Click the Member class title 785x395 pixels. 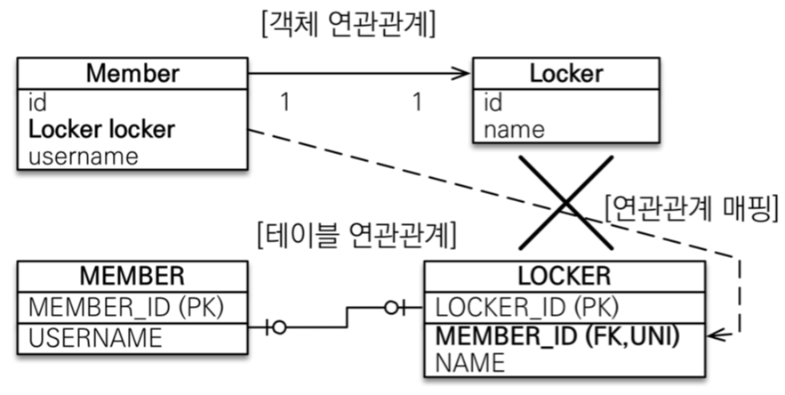[132, 74]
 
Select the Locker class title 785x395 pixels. [566, 74]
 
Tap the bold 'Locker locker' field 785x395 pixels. [101, 130]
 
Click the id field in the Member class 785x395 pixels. [38, 102]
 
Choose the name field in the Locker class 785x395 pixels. [514, 130]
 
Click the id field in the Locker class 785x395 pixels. [493, 103]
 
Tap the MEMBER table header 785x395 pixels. [132, 275]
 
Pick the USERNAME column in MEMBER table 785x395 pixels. [96, 337]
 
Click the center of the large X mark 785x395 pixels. [566, 202]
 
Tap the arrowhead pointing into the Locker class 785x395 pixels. [462, 74]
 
